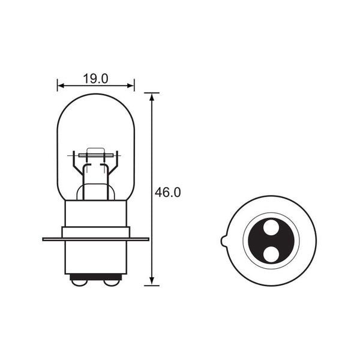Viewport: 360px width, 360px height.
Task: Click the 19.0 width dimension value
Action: [96, 79]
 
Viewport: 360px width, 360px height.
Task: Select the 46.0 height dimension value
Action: [168, 193]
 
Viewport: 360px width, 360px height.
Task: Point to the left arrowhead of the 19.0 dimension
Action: [59, 85]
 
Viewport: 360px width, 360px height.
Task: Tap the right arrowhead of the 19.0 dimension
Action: [132, 85]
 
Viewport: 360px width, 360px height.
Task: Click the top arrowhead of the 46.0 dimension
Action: [152, 97]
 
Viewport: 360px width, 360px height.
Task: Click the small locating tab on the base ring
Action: [223, 241]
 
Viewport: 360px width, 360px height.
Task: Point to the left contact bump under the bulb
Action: [79, 279]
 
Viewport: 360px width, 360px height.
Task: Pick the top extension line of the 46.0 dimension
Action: [152, 93]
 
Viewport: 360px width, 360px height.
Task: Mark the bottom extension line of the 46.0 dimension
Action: [152, 286]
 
